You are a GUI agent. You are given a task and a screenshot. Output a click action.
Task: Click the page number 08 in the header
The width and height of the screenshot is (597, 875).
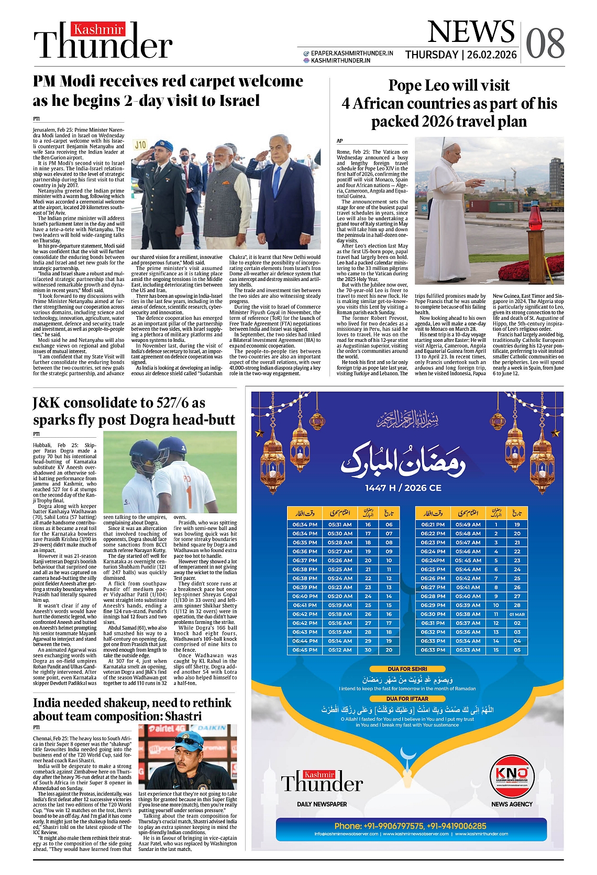point(545,44)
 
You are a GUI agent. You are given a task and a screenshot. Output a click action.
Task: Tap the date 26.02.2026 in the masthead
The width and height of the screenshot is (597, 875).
point(492,55)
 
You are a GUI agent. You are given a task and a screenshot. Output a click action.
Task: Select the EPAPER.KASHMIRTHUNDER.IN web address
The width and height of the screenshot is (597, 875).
point(351,53)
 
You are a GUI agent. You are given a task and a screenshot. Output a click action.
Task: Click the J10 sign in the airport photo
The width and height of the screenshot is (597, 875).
point(140,144)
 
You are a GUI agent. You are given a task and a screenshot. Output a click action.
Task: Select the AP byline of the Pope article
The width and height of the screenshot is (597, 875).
point(339,141)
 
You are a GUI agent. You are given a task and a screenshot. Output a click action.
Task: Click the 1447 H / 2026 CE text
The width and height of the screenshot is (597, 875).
point(403,488)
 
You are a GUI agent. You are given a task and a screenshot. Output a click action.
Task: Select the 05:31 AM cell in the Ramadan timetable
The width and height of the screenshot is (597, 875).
point(340,524)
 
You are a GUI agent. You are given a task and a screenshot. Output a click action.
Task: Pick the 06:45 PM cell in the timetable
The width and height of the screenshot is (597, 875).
point(305,650)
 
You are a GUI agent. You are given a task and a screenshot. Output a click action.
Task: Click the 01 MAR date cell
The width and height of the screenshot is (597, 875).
point(517,614)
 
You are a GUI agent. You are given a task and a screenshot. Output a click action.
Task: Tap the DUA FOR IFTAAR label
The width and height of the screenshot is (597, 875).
point(407,698)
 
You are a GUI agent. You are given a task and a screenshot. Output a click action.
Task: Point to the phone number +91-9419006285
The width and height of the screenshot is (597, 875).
point(456,826)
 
